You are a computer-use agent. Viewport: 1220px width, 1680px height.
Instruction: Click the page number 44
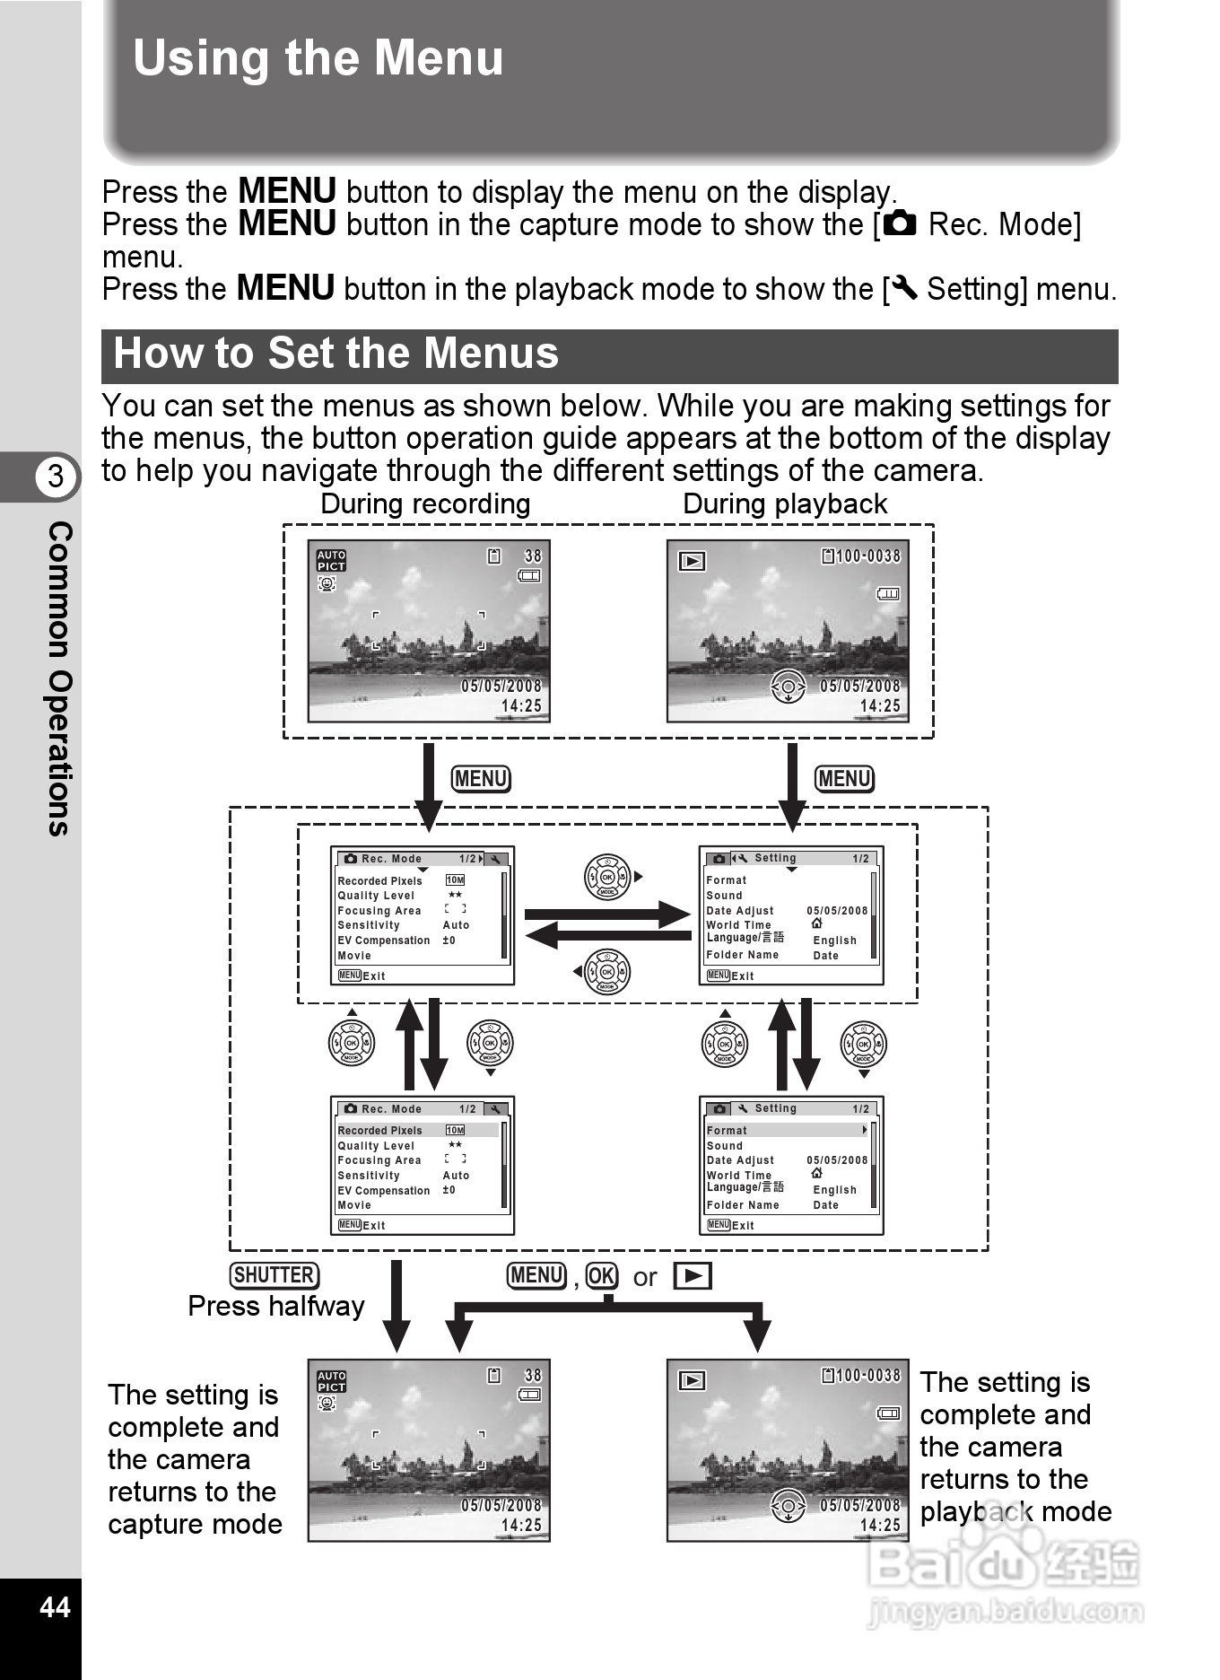55,1606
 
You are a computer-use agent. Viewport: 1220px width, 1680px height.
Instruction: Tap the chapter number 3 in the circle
56,476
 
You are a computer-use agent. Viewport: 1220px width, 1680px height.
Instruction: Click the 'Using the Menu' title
318,58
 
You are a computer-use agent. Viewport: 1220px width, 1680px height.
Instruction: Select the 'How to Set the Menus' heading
335,354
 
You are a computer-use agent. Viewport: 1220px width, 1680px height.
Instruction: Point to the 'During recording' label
425,504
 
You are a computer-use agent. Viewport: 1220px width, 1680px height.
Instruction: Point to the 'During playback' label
785,504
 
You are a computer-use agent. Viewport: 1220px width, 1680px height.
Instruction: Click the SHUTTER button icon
274,1275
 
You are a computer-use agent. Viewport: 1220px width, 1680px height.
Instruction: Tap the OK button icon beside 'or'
602,1276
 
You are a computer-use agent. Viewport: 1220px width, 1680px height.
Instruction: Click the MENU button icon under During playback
844,779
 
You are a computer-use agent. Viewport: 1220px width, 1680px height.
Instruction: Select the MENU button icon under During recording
481,779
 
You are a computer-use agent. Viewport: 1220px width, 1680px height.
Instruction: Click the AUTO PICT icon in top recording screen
331,561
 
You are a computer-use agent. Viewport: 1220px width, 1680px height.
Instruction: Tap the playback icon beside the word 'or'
693,1276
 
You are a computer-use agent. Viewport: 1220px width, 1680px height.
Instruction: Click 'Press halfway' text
276,1307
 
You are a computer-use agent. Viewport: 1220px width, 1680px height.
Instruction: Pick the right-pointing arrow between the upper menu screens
607,914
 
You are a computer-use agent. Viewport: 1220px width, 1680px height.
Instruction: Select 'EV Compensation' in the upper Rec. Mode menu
384,941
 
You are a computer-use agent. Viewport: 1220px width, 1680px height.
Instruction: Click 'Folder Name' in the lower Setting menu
743,1205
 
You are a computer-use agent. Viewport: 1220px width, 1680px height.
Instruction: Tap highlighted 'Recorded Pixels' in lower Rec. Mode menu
380,1131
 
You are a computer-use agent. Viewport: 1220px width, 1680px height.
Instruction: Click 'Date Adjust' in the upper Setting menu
740,911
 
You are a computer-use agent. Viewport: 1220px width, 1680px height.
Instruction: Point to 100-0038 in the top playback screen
867,556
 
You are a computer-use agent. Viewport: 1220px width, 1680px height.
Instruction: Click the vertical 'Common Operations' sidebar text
59,678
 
